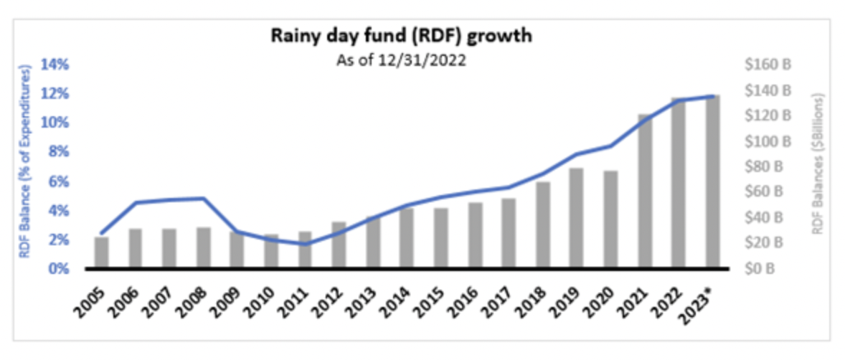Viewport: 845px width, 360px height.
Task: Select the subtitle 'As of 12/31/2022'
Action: tap(401, 62)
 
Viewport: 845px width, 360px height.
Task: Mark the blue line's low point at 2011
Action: tap(306, 244)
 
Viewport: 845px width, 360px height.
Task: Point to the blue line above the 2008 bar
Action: tap(204, 199)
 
